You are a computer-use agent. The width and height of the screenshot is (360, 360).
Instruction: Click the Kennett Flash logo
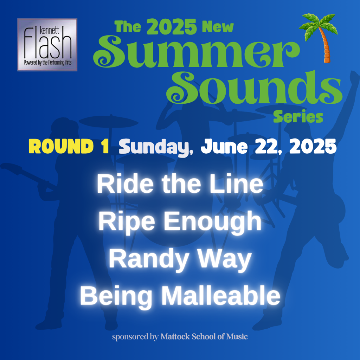tap(47, 45)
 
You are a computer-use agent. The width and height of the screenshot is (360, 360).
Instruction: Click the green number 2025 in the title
tap(171, 27)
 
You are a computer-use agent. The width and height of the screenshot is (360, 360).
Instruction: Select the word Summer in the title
tap(197, 52)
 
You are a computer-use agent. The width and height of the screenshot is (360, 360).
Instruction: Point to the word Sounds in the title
tap(255, 88)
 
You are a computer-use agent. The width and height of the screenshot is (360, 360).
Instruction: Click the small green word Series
tap(298, 116)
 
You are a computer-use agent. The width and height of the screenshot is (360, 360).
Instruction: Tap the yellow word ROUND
tap(61, 146)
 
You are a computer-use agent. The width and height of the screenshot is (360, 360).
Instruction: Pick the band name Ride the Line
tap(180, 184)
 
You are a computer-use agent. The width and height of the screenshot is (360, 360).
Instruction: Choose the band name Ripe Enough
tap(180, 221)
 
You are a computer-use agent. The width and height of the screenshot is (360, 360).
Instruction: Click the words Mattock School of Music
tap(204, 336)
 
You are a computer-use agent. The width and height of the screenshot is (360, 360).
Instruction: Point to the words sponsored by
tap(135, 337)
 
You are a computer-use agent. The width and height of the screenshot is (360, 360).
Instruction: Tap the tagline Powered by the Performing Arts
tap(47, 63)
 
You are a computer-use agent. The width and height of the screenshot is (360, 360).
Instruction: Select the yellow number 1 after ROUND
tap(105, 146)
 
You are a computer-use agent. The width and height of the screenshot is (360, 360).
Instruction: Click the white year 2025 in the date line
tap(313, 146)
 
